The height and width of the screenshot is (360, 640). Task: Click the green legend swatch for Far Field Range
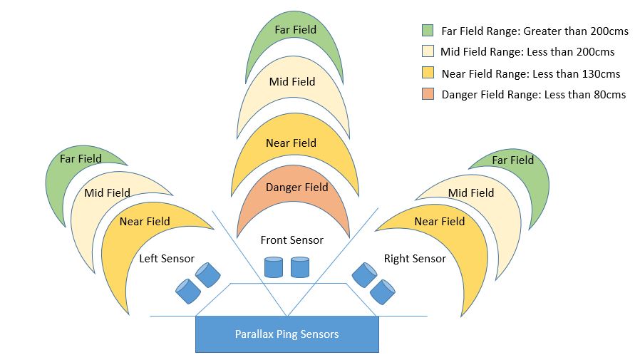428,31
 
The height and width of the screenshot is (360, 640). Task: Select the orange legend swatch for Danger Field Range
428,94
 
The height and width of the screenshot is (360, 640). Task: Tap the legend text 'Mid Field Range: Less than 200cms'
527,52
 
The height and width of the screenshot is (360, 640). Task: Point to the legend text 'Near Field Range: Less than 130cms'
531,74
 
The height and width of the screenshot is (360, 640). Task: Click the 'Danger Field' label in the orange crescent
296,187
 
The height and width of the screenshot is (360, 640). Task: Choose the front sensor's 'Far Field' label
296,30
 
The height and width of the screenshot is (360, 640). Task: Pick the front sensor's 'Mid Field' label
292,82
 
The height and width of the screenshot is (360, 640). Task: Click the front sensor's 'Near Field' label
291,143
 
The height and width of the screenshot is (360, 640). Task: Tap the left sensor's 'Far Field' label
81,158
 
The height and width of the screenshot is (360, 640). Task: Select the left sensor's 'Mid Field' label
108,192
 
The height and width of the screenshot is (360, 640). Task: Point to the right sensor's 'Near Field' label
440,221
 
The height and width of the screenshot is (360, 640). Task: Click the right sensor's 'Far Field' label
513,160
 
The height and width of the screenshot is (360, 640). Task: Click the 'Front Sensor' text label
291,240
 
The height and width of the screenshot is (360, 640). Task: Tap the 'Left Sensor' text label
167,258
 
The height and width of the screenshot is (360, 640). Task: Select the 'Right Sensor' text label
415,258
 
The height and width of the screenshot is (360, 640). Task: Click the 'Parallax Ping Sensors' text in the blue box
287,334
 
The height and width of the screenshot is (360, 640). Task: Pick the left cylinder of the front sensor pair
274,267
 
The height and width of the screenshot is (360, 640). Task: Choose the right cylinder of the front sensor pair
300,267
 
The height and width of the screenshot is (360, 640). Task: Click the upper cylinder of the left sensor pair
208,274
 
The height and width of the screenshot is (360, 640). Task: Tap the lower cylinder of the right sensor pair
383,292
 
